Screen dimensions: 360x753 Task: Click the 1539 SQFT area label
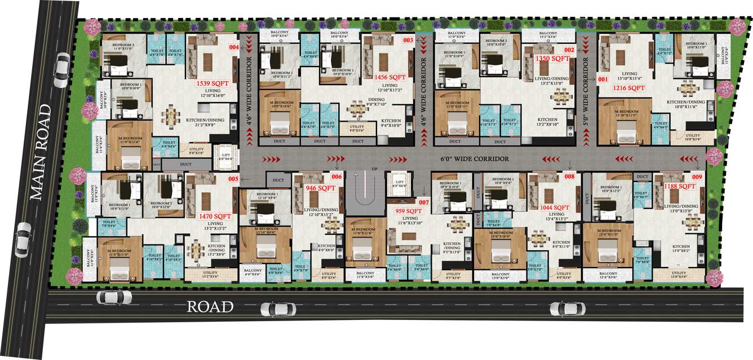212,83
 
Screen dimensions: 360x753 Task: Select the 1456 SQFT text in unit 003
390,77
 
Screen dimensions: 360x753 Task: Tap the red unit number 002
569,50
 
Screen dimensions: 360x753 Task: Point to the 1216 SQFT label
629,88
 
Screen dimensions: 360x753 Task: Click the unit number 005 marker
233,179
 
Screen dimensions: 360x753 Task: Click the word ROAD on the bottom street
210,307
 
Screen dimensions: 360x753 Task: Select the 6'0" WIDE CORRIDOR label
475,159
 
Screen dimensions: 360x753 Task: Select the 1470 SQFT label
215,216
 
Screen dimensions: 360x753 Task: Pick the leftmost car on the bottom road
114,297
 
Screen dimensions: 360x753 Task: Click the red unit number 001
603,79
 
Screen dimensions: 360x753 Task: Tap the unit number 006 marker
337,176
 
